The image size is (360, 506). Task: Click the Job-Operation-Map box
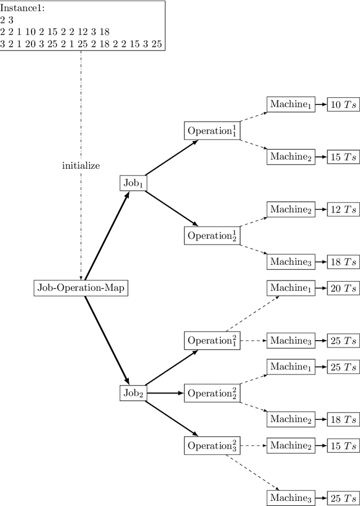[x=82, y=288]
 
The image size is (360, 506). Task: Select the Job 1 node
[x=133, y=183]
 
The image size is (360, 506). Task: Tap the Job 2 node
[x=133, y=394]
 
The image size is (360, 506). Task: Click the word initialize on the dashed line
[x=81, y=166]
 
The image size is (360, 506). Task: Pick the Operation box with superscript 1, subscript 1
[x=213, y=131]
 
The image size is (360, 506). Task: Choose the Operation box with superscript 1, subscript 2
[x=213, y=236]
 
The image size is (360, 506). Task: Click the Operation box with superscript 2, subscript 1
[x=213, y=341]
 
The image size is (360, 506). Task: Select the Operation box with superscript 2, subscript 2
[x=213, y=393]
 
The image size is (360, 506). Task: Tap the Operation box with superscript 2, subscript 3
[x=213, y=445]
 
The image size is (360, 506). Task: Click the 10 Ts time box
[x=343, y=105]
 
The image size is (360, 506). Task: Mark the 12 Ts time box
[x=343, y=210]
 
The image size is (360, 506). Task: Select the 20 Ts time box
[x=343, y=288]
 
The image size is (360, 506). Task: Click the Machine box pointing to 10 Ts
[x=290, y=104]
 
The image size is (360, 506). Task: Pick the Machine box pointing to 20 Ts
[x=290, y=288]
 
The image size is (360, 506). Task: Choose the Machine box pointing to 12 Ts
[x=290, y=209]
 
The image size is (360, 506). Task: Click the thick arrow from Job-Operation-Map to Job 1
[x=107, y=236]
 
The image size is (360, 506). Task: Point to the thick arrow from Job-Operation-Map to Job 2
[x=107, y=340]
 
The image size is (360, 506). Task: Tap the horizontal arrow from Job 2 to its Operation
[x=165, y=393]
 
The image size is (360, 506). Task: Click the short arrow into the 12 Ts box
[x=321, y=210]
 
